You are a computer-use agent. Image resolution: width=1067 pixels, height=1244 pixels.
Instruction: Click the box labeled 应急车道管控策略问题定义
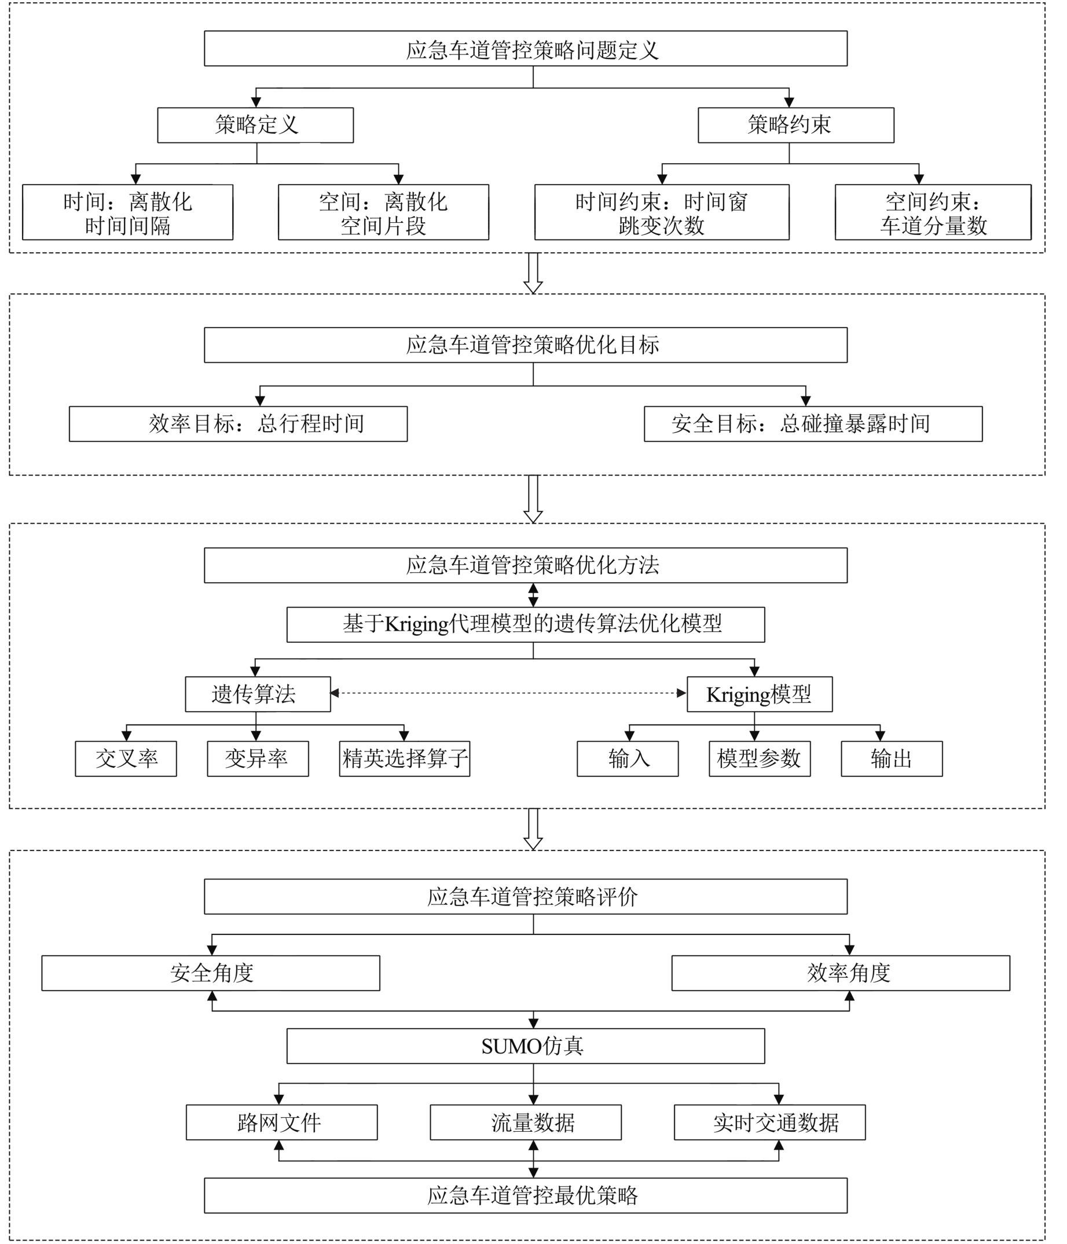(x=525, y=49)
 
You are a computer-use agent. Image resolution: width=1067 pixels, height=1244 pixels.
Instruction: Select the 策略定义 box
(x=255, y=125)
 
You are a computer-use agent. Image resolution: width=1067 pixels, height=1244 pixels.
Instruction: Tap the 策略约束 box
(x=795, y=125)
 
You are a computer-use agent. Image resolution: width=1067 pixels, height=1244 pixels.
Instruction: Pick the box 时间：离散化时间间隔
(x=127, y=212)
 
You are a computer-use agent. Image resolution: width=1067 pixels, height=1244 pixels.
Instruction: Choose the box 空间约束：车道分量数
(x=933, y=212)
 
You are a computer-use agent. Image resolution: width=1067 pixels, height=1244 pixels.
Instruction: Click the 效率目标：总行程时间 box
(x=238, y=424)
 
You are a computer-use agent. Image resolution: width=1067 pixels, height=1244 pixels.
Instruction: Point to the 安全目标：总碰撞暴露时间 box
(x=813, y=424)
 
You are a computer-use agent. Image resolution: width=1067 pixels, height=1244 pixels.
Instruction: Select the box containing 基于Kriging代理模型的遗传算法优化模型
(x=525, y=624)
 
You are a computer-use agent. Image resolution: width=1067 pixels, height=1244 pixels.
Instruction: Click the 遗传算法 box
(x=258, y=694)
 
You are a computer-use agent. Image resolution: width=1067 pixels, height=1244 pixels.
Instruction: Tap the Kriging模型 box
(x=760, y=694)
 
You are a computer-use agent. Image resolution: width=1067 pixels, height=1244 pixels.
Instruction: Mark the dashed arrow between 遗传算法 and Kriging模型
(x=508, y=693)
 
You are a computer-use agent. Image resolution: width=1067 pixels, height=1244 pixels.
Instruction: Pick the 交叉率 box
(x=126, y=759)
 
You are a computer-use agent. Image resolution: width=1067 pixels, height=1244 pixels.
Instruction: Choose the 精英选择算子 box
(x=404, y=759)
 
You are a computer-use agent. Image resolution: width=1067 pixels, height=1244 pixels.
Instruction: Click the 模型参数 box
(x=760, y=759)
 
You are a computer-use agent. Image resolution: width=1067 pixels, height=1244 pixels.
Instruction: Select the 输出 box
(x=892, y=759)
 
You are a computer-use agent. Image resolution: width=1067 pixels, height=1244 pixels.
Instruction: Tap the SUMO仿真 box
(x=525, y=1046)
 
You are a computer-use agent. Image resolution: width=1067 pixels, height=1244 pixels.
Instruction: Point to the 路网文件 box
(x=281, y=1122)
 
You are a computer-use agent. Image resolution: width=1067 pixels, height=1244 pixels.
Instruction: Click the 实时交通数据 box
(x=769, y=1122)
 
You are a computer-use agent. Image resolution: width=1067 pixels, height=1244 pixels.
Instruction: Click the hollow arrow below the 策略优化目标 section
(x=533, y=498)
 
